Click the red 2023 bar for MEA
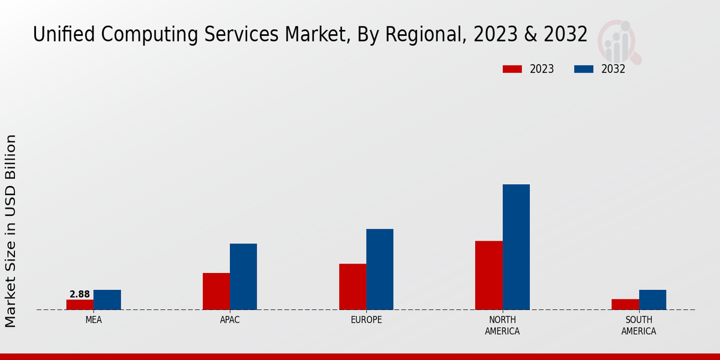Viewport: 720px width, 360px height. (x=80, y=305)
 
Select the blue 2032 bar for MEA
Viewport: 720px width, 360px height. (x=107, y=300)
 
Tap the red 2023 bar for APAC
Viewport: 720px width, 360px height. (x=216, y=292)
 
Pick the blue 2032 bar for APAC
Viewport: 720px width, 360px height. (x=243, y=277)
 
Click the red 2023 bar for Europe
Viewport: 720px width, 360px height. (x=352, y=287)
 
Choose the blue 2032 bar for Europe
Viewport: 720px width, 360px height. (x=380, y=269)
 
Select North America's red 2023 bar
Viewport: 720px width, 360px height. (x=488, y=275)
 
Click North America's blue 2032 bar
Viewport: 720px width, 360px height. (x=516, y=247)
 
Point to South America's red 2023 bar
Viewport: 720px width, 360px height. (x=625, y=305)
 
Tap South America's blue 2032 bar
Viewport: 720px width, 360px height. (x=652, y=300)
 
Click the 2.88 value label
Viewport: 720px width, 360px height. (x=80, y=295)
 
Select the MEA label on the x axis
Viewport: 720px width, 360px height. (x=94, y=320)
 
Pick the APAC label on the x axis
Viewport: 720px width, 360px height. (x=230, y=320)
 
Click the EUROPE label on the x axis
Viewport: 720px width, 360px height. (x=366, y=320)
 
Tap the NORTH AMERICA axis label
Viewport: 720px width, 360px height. (x=502, y=326)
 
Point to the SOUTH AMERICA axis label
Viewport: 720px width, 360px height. (x=638, y=326)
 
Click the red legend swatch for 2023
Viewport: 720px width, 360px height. (x=512, y=69)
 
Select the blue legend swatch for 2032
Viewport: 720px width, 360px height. (x=584, y=69)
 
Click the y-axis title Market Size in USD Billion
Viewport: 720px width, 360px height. (x=11, y=231)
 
